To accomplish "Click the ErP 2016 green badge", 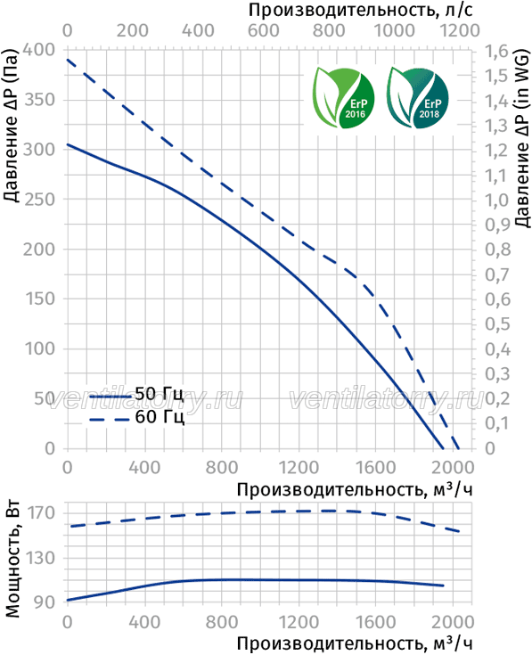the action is pos(344,97).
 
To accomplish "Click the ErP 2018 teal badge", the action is pos(417,97).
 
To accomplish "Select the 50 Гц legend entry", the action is pos(136,394).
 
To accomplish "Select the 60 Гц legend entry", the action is pos(136,417).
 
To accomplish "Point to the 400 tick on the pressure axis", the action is pos(39,50).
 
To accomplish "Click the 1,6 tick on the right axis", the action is pos(497,52).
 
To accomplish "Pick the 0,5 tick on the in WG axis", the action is pos(498,323).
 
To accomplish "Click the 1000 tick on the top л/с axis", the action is pos(394,30).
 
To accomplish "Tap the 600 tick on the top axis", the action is pos(264,30).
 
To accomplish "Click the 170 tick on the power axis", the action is pos(41,513).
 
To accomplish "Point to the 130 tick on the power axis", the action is pos(41,558).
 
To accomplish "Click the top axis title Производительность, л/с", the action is pos(361,10).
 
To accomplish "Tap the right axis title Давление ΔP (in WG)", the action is pos(522,138).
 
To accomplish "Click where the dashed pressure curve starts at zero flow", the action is pos(67,60).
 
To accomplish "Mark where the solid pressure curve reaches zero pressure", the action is pos(443,448).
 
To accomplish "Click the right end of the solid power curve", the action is pos(443,585).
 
